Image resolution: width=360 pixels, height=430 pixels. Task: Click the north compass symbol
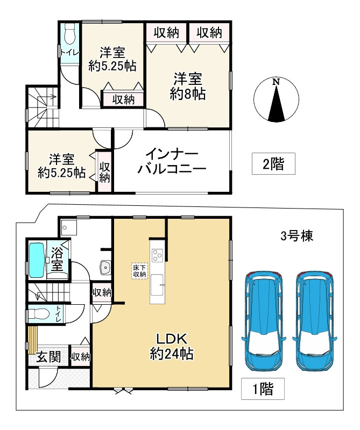pos(276,100)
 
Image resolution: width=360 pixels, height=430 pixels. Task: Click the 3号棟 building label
pos(297,235)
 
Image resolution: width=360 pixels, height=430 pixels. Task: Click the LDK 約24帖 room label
pos(171,347)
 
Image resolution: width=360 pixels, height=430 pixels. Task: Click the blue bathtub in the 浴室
pos(37,260)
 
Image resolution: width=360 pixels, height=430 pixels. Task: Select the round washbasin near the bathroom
pos(104,266)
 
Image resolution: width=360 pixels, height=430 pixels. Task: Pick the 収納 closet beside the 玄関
pos(80,356)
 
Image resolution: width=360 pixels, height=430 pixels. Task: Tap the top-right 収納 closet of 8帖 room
pos(209,33)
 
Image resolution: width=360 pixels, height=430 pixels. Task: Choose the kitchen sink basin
pos(158,283)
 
